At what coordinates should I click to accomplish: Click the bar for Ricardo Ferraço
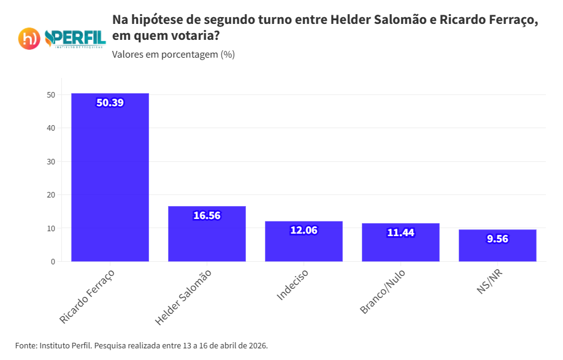click(x=110, y=178)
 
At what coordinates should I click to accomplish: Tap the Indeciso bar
click(x=304, y=242)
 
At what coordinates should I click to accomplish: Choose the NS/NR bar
click(x=497, y=246)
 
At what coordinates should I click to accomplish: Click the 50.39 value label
click(x=110, y=102)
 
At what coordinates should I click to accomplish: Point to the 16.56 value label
click(x=207, y=215)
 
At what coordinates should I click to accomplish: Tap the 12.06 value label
click(x=304, y=230)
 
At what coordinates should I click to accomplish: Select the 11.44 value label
click(x=400, y=232)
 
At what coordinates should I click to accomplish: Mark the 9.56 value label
click(x=497, y=239)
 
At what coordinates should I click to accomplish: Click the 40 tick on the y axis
click(x=51, y=128)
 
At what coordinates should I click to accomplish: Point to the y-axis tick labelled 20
click(x=51, y=195)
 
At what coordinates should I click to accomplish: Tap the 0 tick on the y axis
click(x=53, y=262)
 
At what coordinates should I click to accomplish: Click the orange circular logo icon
click(x=29, y=39)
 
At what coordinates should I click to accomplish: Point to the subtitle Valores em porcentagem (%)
click(x=174, y=55)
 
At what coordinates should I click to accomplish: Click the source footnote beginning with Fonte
click(x=142, y=345)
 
